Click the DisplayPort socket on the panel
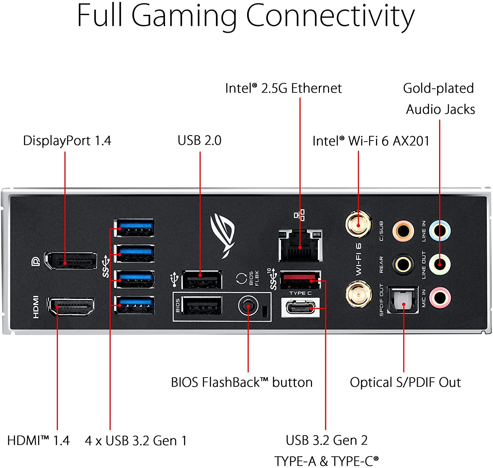tap(71, 261)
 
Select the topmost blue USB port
tap(134, 228)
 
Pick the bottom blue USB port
tap(134, 305)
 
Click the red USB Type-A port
tap(300, 280)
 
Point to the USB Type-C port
tap(300, 308)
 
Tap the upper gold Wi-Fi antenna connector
tap(359, 225)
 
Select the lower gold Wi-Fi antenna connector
tap(359, 294)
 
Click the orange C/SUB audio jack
tap(403, 231)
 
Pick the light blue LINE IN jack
tap(440, 230)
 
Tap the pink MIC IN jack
tap(440, 298)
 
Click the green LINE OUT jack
tap(440, 264)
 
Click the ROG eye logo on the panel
tap(223, 234)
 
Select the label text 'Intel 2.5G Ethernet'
tap(283, 88)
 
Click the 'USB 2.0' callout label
tap(200, 140)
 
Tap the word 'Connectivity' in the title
tap(330, 16)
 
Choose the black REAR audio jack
tap(403, 264)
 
